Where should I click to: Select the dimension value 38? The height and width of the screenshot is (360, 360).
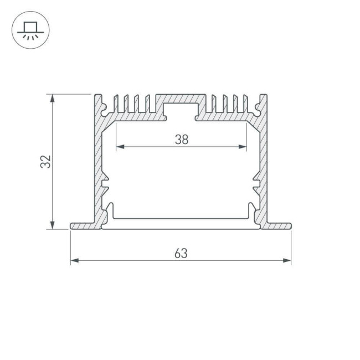click(181, 140)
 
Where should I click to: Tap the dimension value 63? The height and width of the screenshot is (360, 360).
click(181, 254)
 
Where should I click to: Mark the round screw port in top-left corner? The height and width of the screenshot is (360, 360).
click(104, 106)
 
